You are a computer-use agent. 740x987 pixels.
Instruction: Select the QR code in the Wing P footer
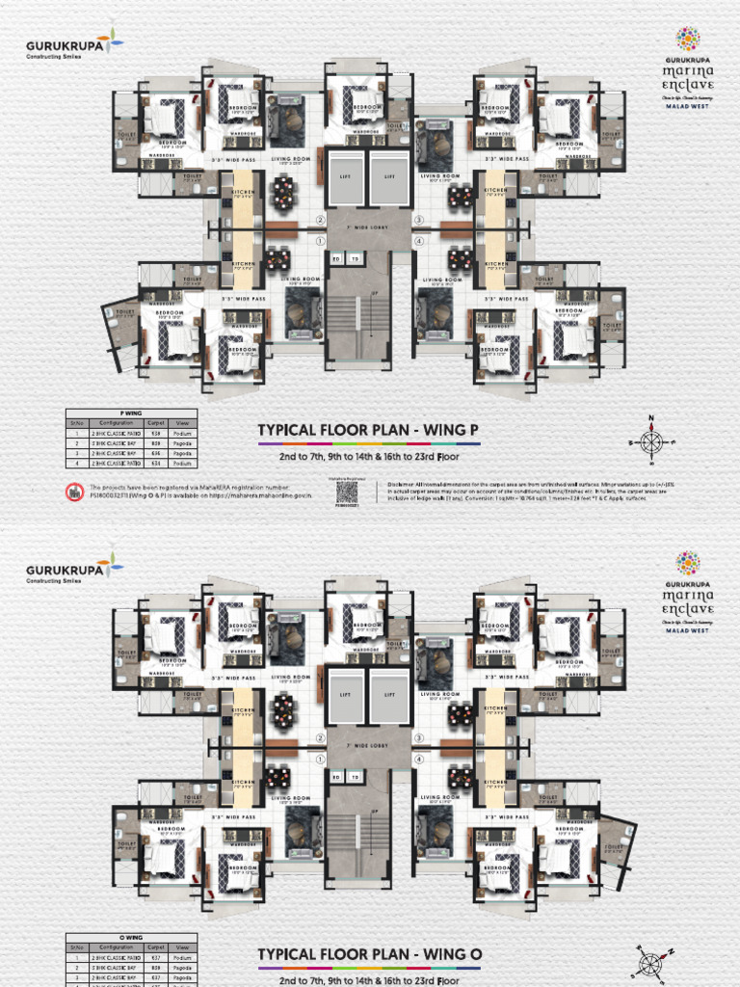coord(347,491)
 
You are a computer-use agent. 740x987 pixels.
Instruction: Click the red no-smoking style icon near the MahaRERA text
coord(74,492)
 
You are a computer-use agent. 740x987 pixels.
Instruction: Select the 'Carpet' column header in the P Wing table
coord(156,422)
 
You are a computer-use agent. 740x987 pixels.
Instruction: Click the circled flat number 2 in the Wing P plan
coord(321,220)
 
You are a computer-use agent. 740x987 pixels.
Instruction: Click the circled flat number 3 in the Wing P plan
coord(419,220)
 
